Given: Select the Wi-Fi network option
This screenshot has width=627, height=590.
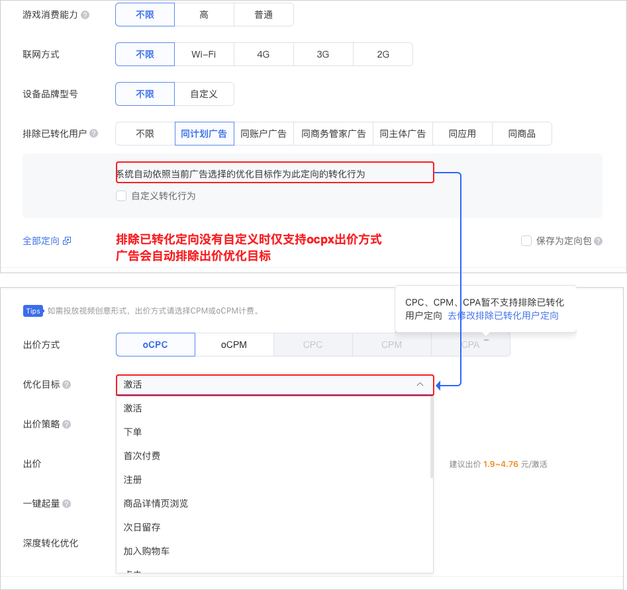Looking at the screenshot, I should [x=204, y=54].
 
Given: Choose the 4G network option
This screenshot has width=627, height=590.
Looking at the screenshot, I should [x=264, y=54].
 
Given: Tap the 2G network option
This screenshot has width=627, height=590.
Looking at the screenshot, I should [x=383, y=54].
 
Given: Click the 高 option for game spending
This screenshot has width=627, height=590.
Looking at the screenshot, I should [x=204, y=15].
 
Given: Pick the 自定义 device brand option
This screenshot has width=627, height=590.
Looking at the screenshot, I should [x=204, y=94].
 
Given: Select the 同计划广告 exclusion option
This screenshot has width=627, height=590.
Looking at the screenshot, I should [x=204, y=134].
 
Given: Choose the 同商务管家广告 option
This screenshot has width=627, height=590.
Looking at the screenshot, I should [x=333, y=134].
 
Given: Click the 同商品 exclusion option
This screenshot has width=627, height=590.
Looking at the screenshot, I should [x=522, y=134].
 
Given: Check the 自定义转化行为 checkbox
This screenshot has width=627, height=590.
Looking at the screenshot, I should [x=121, y=196].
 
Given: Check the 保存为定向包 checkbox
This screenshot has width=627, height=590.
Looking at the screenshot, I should [x=526, y=241].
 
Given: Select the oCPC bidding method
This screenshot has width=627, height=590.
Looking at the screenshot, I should [x=156, y=345].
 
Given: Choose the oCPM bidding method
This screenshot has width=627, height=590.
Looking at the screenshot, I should [x=234, y=345].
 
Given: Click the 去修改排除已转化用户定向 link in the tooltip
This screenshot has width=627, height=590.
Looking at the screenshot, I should [x=503, y=316].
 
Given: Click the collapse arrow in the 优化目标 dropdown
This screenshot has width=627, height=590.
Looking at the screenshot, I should [x=420, y=384].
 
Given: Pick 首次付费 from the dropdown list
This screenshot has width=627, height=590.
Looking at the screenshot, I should [x=142, y=456].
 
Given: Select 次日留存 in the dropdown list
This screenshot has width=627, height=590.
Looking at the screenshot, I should [x=142, y=527].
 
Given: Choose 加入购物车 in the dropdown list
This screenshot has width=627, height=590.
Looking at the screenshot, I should [x=146, y=551].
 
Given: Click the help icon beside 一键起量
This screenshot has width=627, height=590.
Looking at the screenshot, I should [x=66, y=504].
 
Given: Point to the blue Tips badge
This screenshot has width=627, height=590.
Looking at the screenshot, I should [x=33, y=311].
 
